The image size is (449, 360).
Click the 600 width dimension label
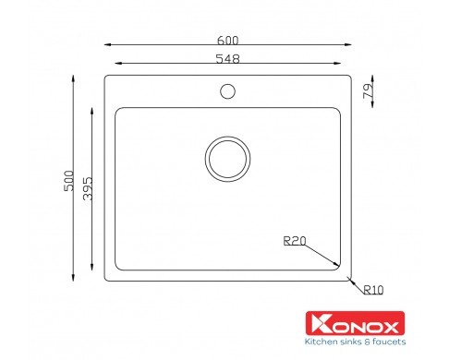pyautogui.click(x=227, y=41)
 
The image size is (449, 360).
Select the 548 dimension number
pyautogui.click(x=227, y=58)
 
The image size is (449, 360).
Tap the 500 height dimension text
pyautogui.click(x=69, y=181)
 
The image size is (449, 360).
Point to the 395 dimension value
pyautogui.click(x=88, y=188)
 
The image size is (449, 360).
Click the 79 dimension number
pyautogui.click(x=368, y=91)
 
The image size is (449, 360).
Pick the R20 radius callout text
pyautogui.click(x=295, y=241)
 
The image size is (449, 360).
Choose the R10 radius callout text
pyautogui.click(x=373, y=290)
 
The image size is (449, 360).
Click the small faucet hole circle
pyautogui.click(x=228, y=91)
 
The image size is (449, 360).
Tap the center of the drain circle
pyautogui.click(x=227, y=159)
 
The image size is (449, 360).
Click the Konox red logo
pyautogui.click(x=355, y=323)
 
